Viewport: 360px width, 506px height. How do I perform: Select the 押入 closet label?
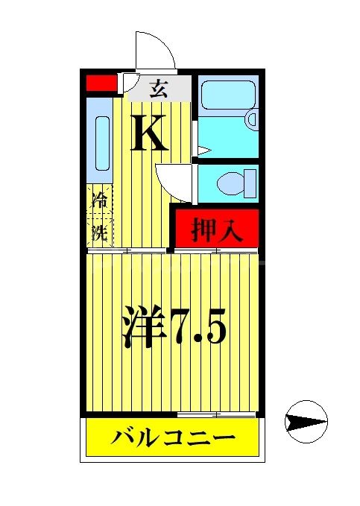point(217,230)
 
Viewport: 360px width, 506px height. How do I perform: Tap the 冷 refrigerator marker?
point(98,200)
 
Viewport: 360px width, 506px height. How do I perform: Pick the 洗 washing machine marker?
point(98,232)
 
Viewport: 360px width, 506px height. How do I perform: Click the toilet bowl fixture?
point(233,181)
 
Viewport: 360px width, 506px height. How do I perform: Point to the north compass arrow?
point(306,421)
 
